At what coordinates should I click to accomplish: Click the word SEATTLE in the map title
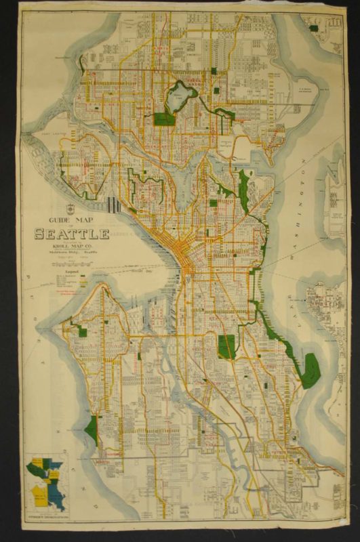pos(72,234)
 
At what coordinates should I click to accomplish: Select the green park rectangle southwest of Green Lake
pos(165,119)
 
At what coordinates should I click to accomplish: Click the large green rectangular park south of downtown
pos(226,346)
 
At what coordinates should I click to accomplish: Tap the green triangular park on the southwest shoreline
pos(92,431)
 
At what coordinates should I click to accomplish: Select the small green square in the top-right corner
pos(313,28)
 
